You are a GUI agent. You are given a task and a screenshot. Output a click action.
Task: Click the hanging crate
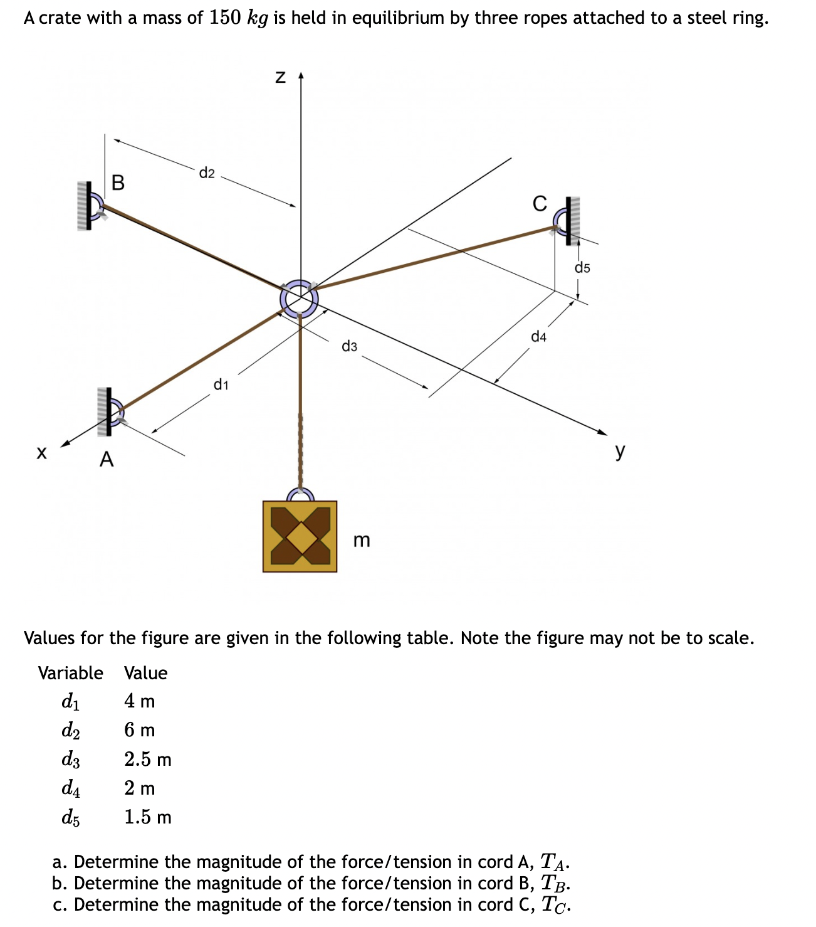[300, 536]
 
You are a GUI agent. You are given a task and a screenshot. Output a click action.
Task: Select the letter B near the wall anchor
[118, 183]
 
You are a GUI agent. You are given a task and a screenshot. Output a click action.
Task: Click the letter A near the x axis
[107, 460]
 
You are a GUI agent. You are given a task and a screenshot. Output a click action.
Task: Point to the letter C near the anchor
[539, 204]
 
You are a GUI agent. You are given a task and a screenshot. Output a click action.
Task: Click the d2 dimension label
[207, 173]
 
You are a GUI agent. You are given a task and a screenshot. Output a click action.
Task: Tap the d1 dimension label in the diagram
[221, 384]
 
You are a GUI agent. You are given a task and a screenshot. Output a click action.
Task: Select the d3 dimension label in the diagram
[349, 346]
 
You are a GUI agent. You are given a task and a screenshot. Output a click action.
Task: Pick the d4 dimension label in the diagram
[538, 337]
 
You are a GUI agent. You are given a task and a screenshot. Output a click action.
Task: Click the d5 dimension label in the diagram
[582, 268]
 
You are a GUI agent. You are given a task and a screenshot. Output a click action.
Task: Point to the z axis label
[281, 78]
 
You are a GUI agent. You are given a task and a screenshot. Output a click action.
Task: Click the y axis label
[620, 450]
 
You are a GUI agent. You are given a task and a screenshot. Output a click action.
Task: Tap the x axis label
[41, 452]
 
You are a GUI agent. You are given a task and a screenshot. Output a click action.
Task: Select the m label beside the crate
[362, 540]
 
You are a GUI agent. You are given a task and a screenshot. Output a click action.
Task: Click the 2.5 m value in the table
[147, 759]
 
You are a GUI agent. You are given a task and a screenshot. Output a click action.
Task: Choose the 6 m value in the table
[139, 730]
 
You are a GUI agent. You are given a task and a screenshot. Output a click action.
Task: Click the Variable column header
[70, 673]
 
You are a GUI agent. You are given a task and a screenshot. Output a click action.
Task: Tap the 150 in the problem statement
[225, 18]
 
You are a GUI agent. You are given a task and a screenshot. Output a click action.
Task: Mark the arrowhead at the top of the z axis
[301, 77]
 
